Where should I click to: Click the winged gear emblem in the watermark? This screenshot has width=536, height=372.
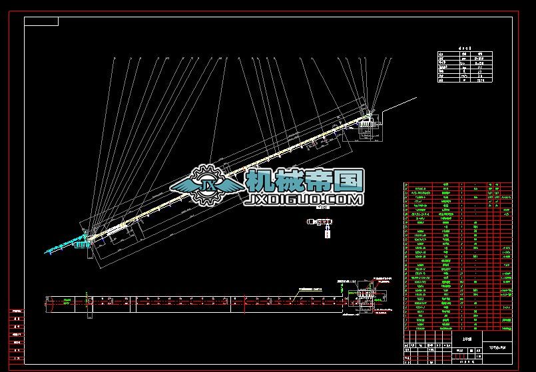(x=208, y=185)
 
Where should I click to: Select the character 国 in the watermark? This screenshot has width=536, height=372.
(x=350, y=180)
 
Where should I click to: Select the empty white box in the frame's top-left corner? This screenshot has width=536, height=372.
(x=41, y=21)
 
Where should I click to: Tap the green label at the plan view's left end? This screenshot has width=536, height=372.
(x=67, y=301)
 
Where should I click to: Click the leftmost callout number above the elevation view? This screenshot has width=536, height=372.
(x=114, y=59)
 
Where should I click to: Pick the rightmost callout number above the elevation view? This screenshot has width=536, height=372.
(x=388, y=59)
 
